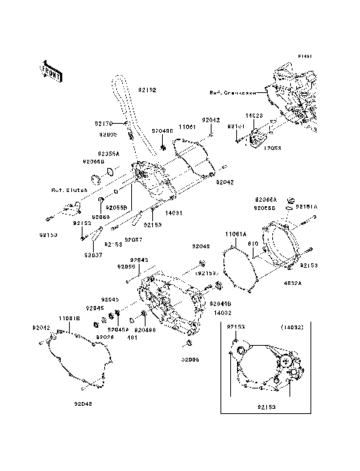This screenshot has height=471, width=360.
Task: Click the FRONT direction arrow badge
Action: (x=51, y=70)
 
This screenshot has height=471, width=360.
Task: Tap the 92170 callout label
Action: (x=103, y=123)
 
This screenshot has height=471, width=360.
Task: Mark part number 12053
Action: (x=271, y=148)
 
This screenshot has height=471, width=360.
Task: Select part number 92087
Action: (x=133, y=239)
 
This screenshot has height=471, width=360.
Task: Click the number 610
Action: (x=255, y=244)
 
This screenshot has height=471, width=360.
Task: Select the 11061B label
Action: (x=69, y=318)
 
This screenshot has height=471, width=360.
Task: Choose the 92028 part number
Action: (x=104, y=337)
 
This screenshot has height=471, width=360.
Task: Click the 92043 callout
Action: (x=139, y=259)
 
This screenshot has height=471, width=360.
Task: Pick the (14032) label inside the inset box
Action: (x=292, y=328)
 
